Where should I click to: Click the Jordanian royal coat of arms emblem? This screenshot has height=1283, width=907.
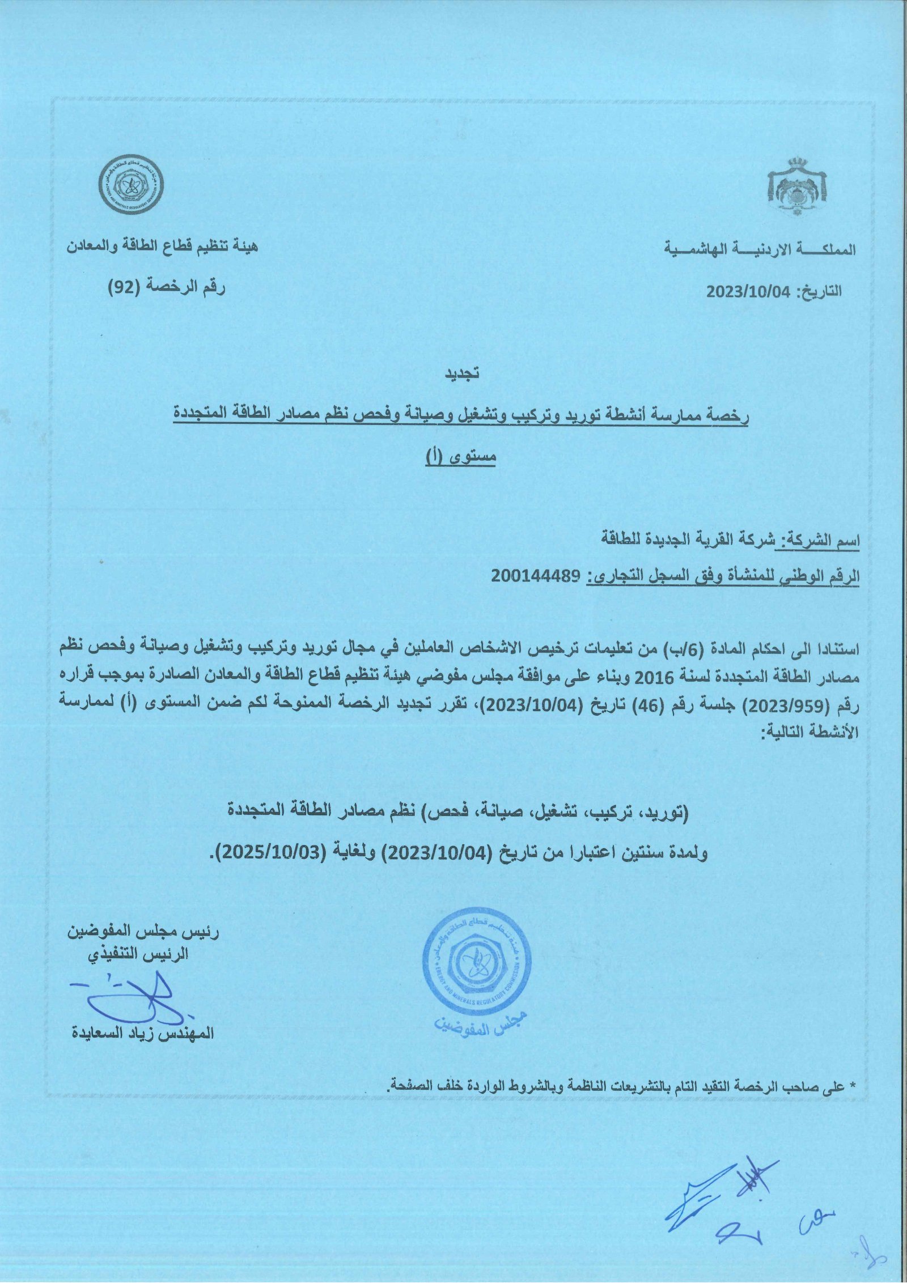pyautogui.click(x=797, y=186)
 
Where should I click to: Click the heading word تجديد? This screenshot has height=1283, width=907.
pyautogui.click(x=461, y=374)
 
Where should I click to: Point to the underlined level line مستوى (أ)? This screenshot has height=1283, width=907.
pyautogui.click(x=461, y=458)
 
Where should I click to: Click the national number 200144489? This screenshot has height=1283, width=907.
pyautogui.click(x=536, y=577)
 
